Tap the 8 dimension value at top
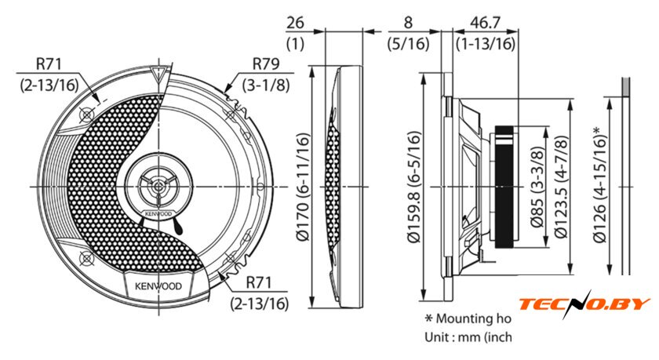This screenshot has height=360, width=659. coord(407,22)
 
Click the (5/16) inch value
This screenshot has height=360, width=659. coord(408,44)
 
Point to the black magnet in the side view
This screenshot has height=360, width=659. coord(505,186)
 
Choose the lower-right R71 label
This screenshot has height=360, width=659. coord(267,283)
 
